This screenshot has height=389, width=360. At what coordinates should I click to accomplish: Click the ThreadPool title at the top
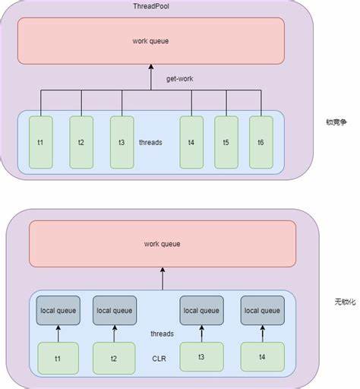coord(151,6)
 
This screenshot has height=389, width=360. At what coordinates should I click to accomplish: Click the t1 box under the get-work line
coord(41,142)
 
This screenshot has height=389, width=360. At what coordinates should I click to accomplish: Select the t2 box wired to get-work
coord(81,142)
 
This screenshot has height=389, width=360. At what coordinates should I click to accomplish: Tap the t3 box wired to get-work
coord(122,142)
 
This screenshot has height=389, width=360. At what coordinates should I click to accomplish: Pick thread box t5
coord(226,142)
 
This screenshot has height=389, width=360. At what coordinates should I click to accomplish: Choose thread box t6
coord(261,142)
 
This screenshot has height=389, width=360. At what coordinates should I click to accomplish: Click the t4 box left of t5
coord(191,142)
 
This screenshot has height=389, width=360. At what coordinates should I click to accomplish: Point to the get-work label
coord(180,79)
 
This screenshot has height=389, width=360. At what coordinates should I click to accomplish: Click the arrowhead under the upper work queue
coord(151,67)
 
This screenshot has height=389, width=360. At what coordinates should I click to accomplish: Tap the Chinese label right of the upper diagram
coord(336,122)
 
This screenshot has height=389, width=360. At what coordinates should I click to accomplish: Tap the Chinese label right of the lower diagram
coord(346,302)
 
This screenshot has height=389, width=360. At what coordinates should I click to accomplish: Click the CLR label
coord(159,359)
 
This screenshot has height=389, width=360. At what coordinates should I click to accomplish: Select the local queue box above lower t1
coord(58,311)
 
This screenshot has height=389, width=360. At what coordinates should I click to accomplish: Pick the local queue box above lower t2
coord(115,311)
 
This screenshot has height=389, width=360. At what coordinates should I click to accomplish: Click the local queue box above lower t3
coord(201,311)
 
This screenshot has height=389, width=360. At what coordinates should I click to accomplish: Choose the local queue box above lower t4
coord(263,311)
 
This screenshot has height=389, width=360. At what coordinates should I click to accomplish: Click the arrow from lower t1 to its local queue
coord(58,334)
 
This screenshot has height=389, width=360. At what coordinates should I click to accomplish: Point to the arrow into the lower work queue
coord(163,279)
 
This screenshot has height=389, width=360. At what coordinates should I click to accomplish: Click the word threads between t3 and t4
coord(150,142)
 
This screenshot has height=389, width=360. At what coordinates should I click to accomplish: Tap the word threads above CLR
coord(162,334)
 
